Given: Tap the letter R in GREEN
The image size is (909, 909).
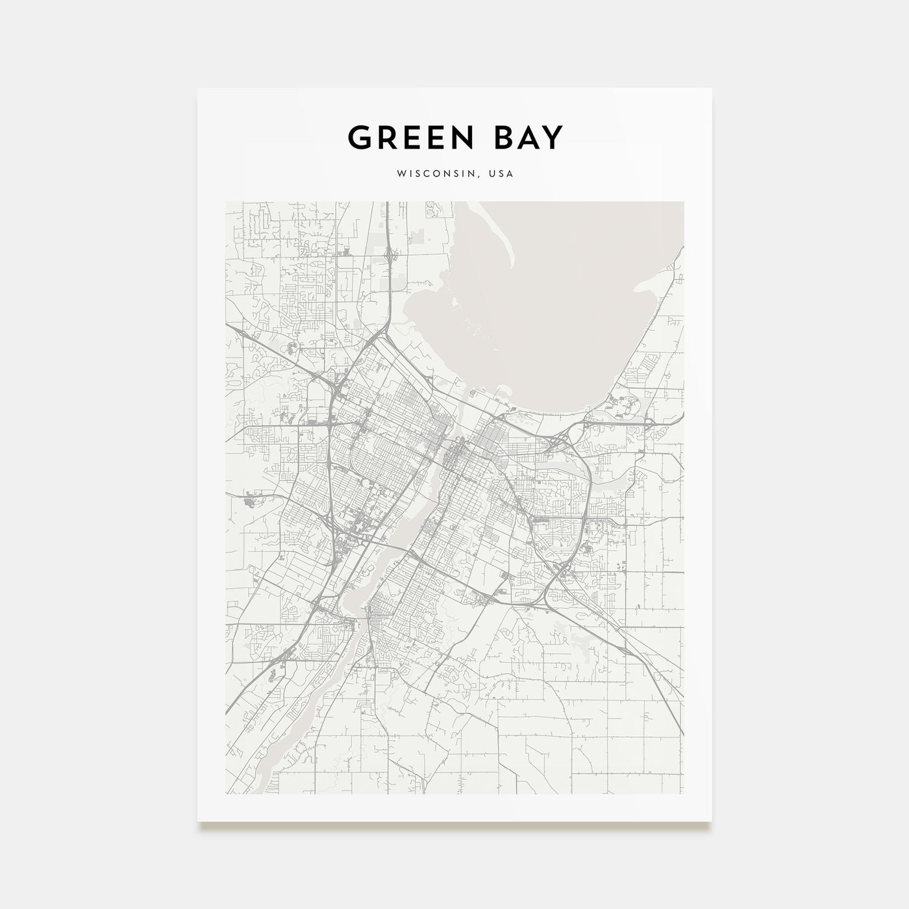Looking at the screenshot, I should pyautogui.click(x=388, y=138).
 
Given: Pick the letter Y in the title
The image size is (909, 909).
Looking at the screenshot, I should pyautogui.click(x=553, y=138).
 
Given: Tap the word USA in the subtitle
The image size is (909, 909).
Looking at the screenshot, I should pyautogui.click(x=502, y=174).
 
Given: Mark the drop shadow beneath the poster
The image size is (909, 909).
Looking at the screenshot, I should pyautogui.click(x=454, y=826).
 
